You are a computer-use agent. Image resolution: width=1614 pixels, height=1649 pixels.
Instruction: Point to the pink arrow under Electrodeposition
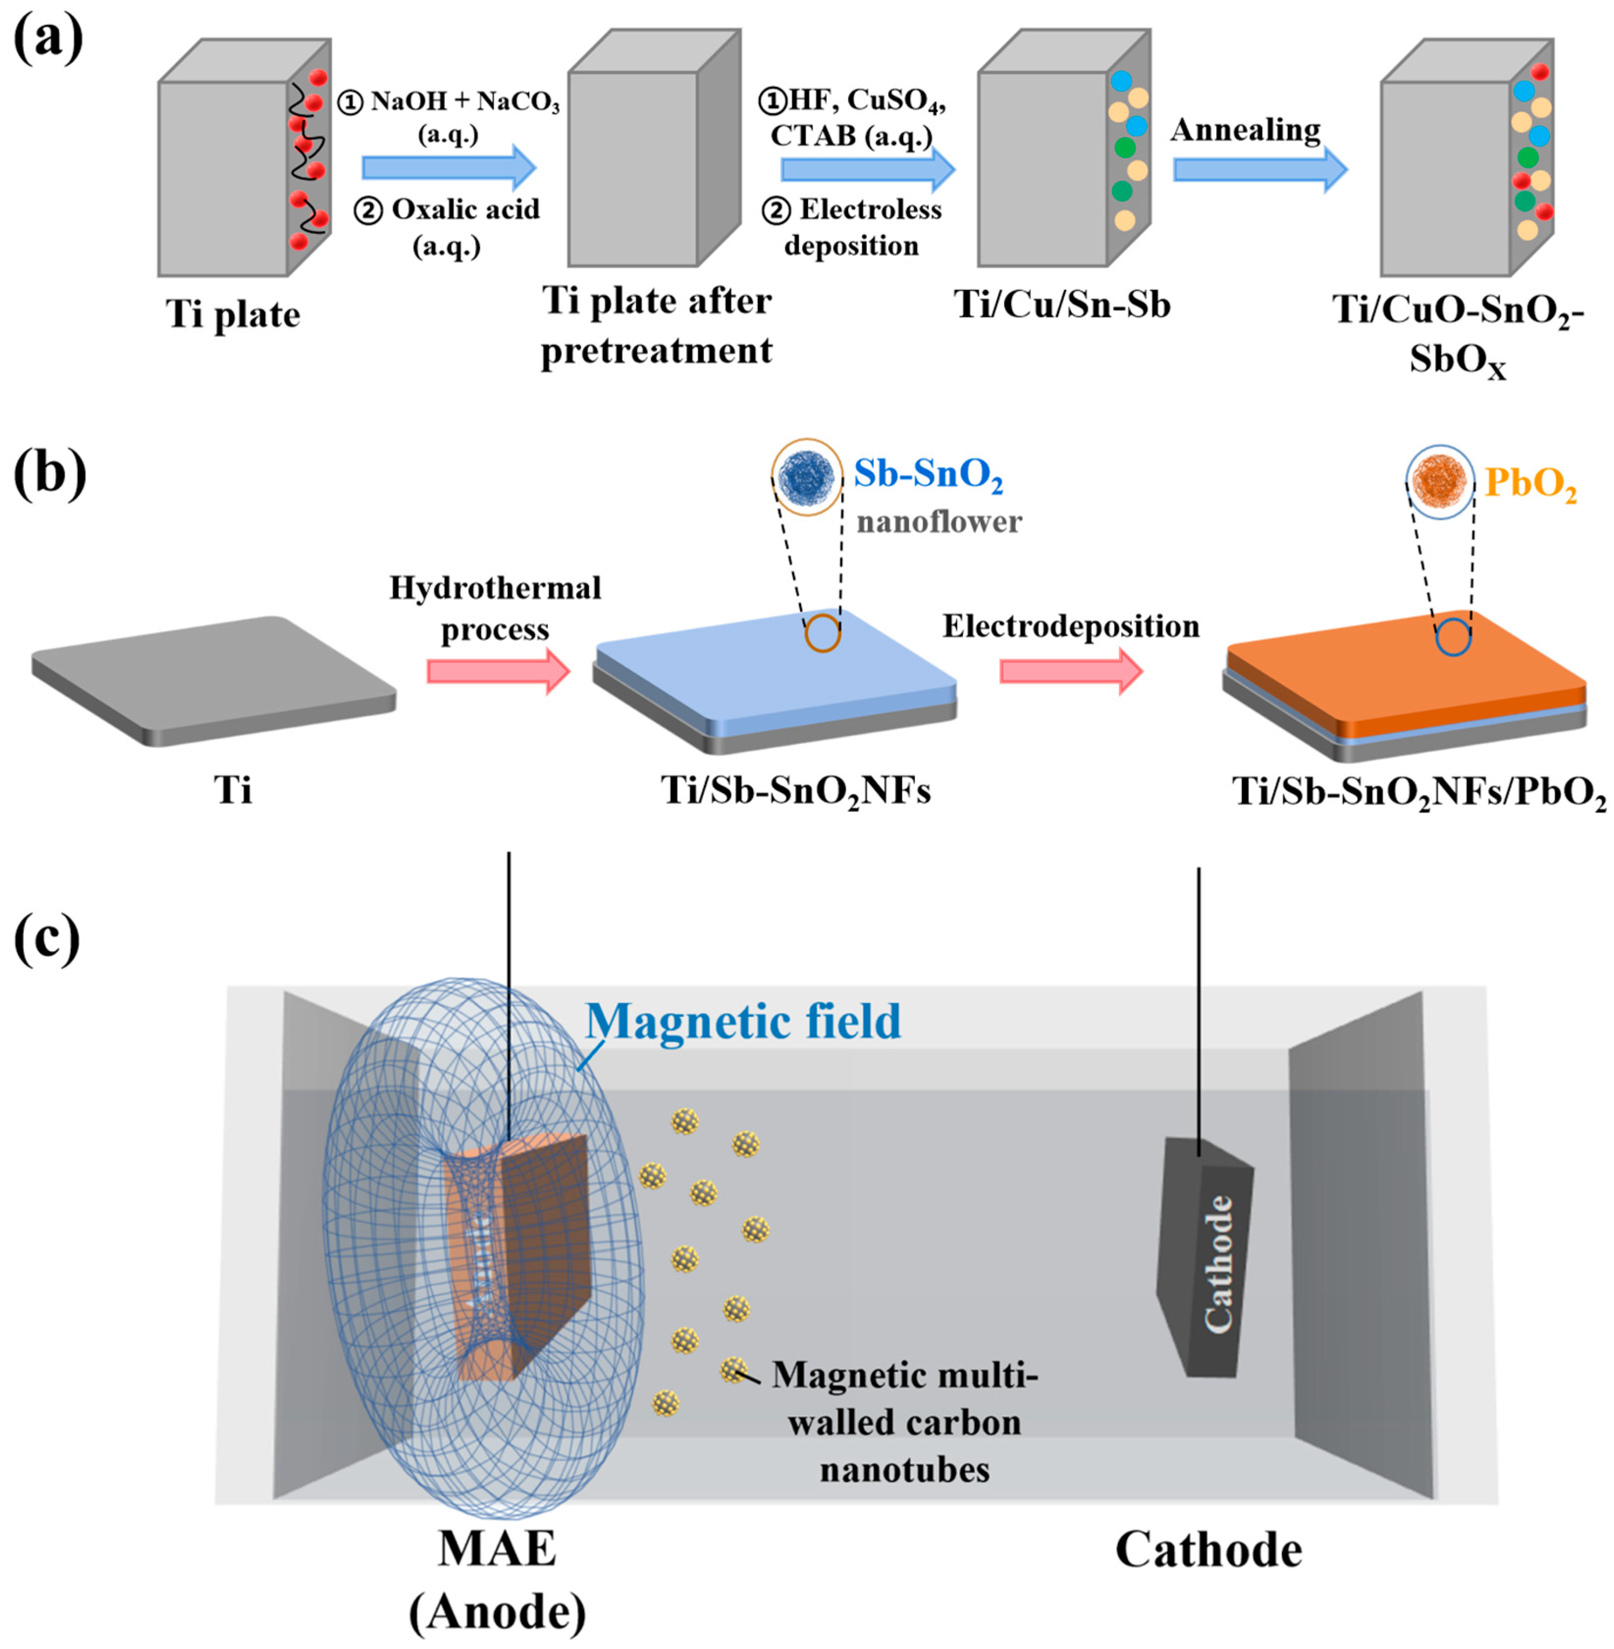tap(1070, 672)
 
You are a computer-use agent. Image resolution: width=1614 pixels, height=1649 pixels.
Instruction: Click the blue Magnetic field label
tap(743, 1021)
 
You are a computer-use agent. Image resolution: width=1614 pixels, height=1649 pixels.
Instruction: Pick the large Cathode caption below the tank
tap(1208, 1550)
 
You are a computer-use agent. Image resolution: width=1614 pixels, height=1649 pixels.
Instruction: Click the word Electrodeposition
tap(1070, 627)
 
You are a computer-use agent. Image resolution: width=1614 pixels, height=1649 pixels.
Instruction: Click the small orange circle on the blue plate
tap(822, 633)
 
